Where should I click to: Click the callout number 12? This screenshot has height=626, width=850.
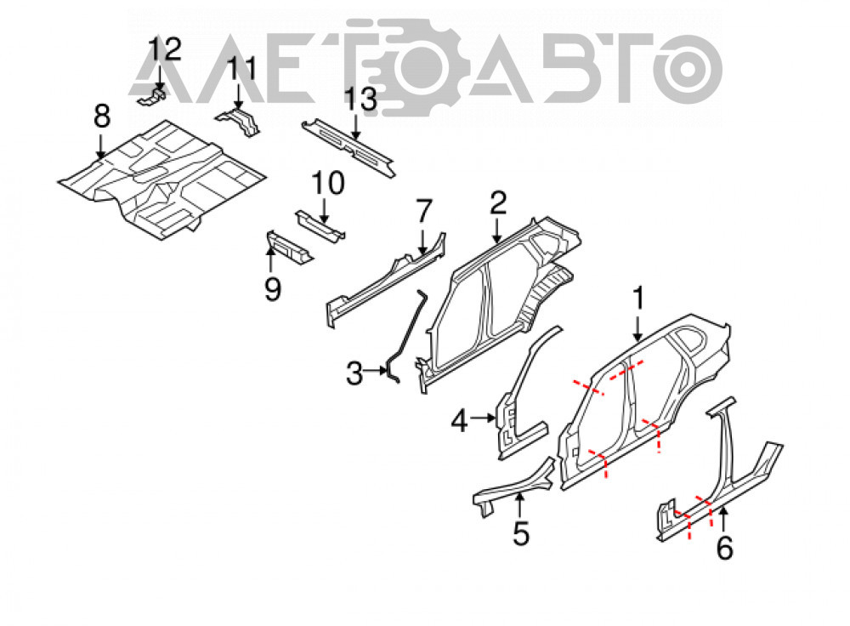pyautogui.click(x=164, y=50)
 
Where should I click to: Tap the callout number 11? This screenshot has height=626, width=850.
pyautogui.click(x=241, y=70)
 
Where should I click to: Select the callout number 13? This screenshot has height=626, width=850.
pyautogui.click(x=360, y=100)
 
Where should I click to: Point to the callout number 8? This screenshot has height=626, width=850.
pyautogui.click(x=101, y=117)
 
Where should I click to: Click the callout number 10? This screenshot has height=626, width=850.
pyautogui.click(x=328, y=184)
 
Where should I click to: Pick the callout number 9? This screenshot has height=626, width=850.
pyautogui.click(x=273, y=288)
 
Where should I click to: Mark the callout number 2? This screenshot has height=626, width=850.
pyautogui.click(x=497, y=202)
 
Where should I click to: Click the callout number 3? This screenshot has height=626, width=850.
pyautogui.click(x=354, y=373)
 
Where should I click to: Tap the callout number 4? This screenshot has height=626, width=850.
pyautogui.click(x=460, y=421)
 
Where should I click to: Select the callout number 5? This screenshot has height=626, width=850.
pyautogui.click(x=521, y=534)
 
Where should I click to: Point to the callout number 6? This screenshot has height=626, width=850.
pyautogui.click(x=725, y=548)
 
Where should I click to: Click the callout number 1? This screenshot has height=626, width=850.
pyautogui.click(x=638, y=299)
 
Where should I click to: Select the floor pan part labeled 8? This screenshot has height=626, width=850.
pyautogui.click(x=161, y=179)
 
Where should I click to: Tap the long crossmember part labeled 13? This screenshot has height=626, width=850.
pyautogui.click(x=348, y=147)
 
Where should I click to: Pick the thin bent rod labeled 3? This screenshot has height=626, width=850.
pyautogui.click(x=406, y=337)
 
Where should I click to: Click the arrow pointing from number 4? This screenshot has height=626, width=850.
pyautogui.click(x=483, y=418)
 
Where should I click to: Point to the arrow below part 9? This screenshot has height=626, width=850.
pyautogui.click(x=270, y=259)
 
